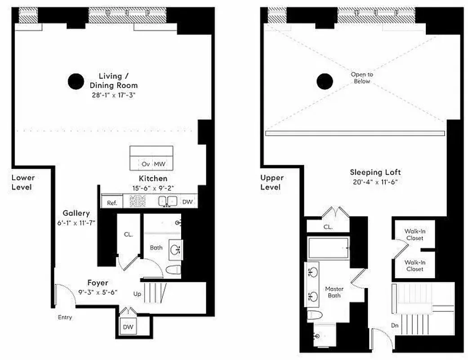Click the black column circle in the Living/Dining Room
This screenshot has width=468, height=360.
(76, 81)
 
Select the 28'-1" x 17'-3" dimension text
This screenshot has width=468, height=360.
(112, 95)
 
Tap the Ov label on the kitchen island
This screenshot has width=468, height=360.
(146, 164)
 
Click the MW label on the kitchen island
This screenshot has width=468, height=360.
(160, 164)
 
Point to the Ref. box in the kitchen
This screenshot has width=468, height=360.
(111, 203)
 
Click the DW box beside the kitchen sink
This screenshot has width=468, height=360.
(187, 202)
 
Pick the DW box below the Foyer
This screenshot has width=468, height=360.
(128, 327)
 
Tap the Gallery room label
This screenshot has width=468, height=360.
(76, 213)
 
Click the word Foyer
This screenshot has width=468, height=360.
(98, 283)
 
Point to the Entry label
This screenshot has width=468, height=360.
(65, 317)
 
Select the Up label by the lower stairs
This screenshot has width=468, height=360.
(137, 293)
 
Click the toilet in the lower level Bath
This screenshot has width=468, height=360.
(173, 270)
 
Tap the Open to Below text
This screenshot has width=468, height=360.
(362, 78)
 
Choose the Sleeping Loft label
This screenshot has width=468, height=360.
(375, 172)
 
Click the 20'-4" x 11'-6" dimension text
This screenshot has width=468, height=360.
(375, 182)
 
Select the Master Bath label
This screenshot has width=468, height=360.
(334, 292)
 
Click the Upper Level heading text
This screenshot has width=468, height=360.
(272, 182)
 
